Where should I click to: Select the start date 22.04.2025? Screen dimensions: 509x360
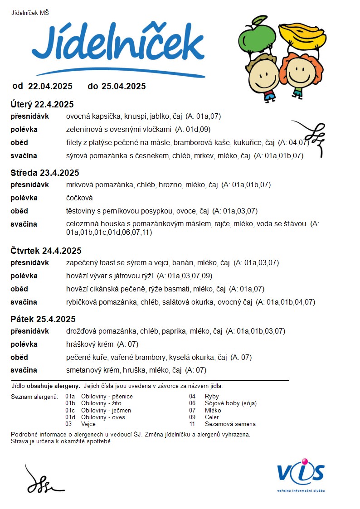click(50, 86)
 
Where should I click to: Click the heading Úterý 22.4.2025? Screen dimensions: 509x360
click(42, 104)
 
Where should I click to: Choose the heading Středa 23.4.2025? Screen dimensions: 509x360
click(45, 173)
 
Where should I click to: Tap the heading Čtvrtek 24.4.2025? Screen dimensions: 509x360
click(46, 251)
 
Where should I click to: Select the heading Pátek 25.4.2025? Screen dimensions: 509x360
click(43, 319)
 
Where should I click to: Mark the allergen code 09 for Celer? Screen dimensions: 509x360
click(192, 417)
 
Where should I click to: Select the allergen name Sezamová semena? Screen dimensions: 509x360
click(230, 424)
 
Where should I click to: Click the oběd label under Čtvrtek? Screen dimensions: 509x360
click(19, 289)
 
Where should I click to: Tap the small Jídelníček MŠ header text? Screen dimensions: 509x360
click(30, 13)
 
